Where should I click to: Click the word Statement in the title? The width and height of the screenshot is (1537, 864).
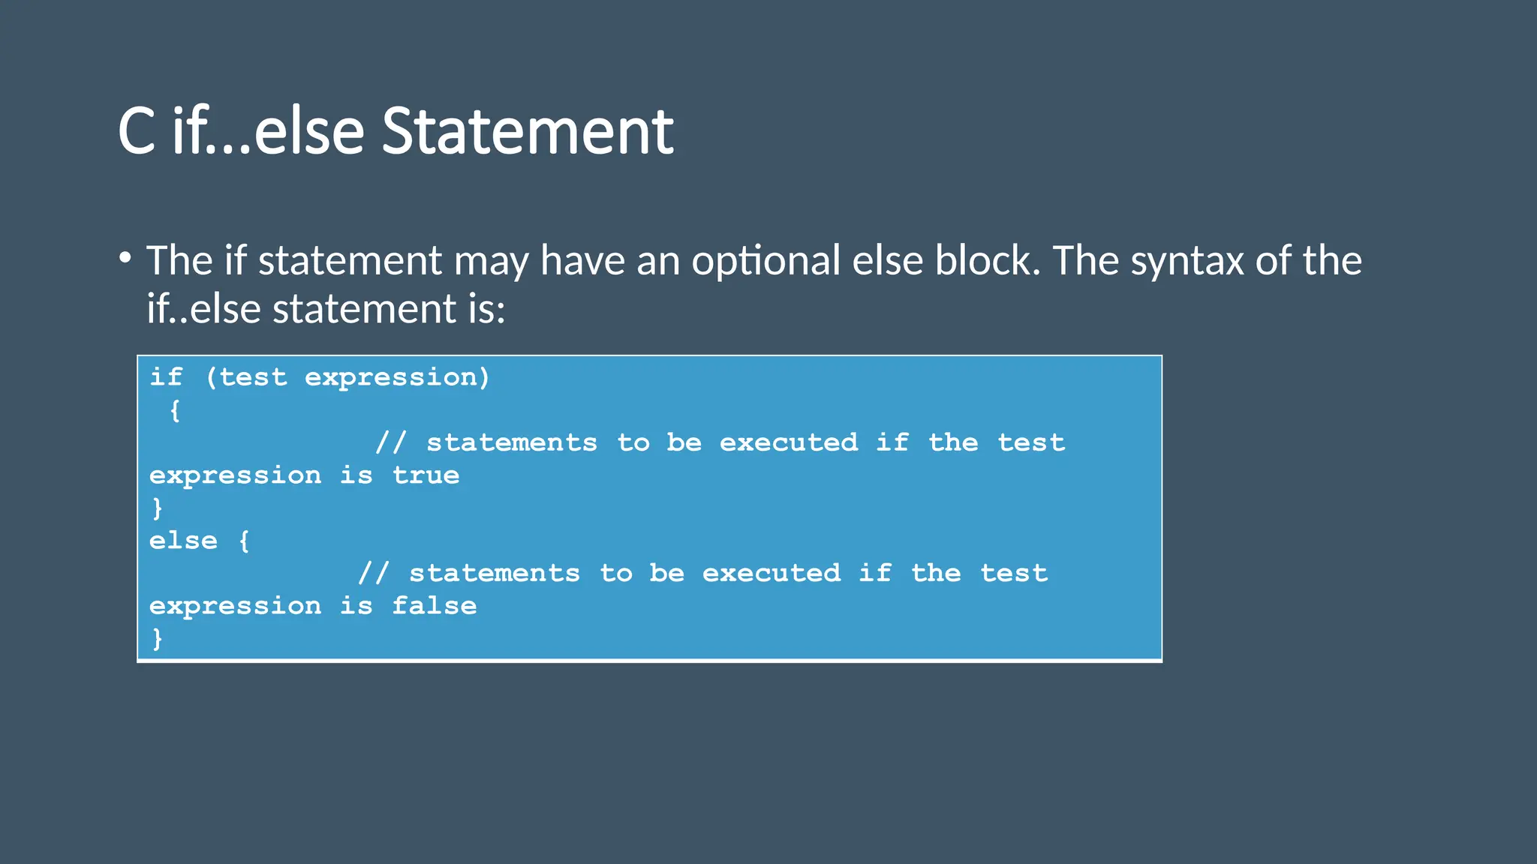[528, 132]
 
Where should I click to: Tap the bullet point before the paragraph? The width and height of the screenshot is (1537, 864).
[125, 259]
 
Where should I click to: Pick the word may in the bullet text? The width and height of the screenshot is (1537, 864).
[491, 261]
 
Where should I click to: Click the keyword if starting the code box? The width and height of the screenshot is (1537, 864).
[166, 377]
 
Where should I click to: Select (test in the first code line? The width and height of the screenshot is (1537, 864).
[246, 377]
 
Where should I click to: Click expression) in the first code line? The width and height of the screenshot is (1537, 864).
[397, 377]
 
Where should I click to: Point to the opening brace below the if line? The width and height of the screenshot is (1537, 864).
[175, 411]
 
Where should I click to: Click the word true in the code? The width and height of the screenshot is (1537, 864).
[426, 475]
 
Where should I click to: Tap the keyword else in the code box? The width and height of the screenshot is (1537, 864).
[183, 541]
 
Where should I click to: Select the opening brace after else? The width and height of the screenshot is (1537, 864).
[244, 541]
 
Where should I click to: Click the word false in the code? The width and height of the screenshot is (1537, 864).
[435, 606]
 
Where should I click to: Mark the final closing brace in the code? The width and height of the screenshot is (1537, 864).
[157, 639]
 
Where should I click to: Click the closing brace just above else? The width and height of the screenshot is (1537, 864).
[157, 508]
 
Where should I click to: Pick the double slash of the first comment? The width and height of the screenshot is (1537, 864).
[390, 442]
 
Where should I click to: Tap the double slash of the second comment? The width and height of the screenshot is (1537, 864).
[373, 574]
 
